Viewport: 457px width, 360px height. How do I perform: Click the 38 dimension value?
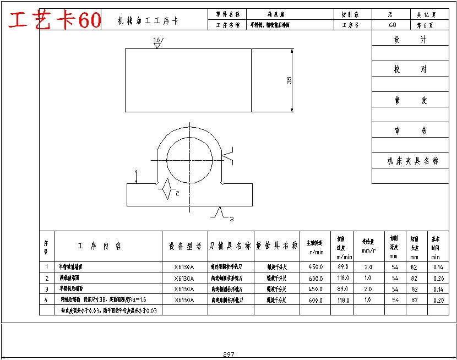click(289, 81)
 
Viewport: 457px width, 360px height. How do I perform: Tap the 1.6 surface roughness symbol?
click(157, 42)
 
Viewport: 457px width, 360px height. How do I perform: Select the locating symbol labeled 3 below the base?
click(220, 213)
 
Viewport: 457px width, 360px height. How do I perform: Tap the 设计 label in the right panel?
click(410, 40)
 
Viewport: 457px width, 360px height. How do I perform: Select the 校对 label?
click(410, 70)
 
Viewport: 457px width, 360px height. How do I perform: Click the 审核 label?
click(410, 131)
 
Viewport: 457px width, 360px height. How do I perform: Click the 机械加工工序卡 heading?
click(148, 21)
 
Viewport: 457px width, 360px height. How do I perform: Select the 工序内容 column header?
click(100, 246)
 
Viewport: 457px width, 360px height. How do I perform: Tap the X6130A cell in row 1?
click(184, 267)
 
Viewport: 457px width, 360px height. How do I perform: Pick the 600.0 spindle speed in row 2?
click(316, 278)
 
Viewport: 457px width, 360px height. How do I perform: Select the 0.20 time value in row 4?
click(438, 300)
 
